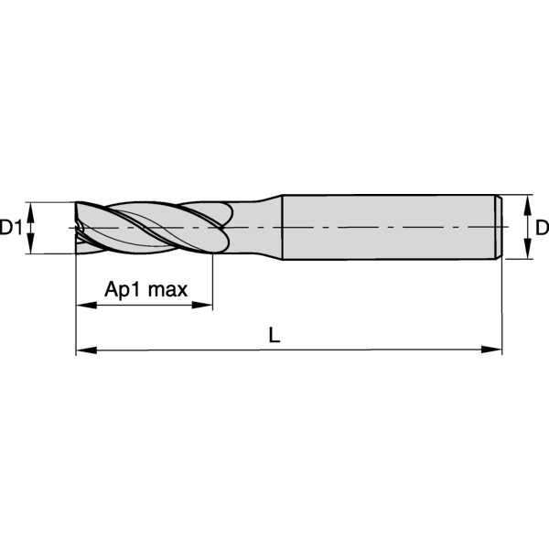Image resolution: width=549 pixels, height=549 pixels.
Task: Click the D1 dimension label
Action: [x=11, y=227]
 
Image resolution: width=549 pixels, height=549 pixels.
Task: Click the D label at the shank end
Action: [x=541, y=227]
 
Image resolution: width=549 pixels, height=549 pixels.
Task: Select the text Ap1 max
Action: [x=145, y=291]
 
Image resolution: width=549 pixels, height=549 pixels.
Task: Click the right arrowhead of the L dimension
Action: [x=497, y=349]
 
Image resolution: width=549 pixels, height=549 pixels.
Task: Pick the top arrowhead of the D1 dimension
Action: [x=31, y=208]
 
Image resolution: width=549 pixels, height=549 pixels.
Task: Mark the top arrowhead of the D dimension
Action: [x=527, y=201]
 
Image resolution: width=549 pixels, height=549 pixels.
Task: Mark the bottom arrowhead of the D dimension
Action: [x=527, y=253]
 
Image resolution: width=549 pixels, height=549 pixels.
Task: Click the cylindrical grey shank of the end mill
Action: [x=384, y=227]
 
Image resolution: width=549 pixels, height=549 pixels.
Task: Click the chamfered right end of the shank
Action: [x=501, y=227]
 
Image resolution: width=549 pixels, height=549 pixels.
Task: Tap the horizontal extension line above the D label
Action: [x=517, y=195]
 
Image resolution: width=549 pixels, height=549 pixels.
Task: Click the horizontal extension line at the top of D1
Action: [x=50, y=201]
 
